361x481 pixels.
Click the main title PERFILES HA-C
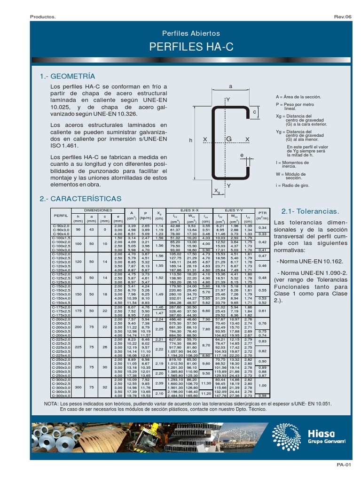(191, 47)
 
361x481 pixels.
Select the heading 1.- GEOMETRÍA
(68, 76)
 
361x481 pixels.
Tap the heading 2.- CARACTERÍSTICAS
(81, 199)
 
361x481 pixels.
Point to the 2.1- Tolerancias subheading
(310, 211)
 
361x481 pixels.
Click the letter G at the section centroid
(229, 139)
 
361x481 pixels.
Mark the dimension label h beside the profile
(190, 140)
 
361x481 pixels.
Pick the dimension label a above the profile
(230, 86)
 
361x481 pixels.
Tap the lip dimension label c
(254, 112)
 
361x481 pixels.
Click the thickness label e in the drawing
(242, 155)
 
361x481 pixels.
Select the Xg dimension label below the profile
(217, 191)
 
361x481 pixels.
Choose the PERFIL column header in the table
(61, 215)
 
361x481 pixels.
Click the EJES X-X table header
(189, 210)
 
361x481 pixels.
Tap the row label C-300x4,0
(61, 396)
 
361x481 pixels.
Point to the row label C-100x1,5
(61, 238)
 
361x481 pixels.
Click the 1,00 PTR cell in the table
(262, 385)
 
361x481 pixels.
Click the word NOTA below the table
(52, 403)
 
